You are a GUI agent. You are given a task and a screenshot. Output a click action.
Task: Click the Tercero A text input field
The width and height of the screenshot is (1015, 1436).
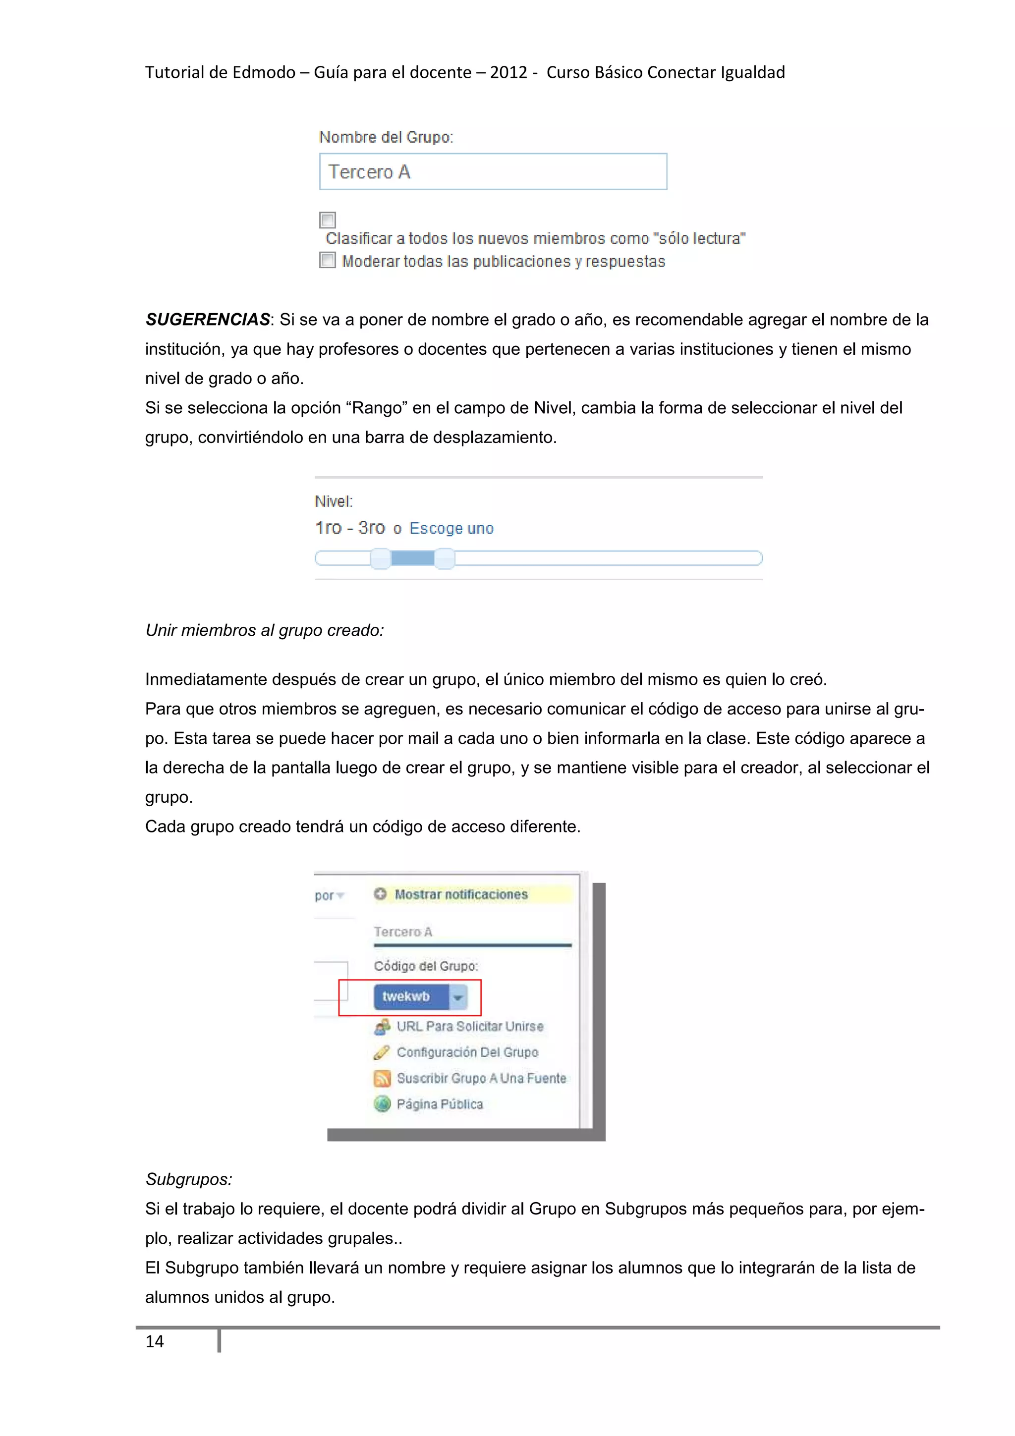tap(492, 171)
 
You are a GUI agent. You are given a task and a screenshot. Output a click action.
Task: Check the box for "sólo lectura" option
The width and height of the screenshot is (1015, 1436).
tap(327, 220)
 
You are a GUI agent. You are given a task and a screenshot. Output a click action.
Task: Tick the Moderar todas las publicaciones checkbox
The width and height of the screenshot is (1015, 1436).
tap(327, 260)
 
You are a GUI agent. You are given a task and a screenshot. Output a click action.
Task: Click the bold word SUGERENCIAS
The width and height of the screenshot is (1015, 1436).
tap(207, 320)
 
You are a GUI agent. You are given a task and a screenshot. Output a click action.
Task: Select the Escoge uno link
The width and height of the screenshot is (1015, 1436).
tap(451, 529)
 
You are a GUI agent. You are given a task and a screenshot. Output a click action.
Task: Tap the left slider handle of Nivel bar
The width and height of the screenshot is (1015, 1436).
tap(380, 558)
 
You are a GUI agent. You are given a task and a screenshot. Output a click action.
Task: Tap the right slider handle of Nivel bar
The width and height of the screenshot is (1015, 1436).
tap(444, 558)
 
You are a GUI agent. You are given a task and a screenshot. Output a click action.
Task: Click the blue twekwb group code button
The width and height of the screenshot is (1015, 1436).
tap(410, 996)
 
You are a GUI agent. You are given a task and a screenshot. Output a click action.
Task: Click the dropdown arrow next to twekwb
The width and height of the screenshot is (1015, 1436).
tap(458, 997)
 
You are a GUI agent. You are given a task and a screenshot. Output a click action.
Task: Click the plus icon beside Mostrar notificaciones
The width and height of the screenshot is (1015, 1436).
tap(380, 894)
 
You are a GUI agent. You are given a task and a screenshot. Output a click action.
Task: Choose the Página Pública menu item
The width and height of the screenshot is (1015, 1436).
tap(439, 1105)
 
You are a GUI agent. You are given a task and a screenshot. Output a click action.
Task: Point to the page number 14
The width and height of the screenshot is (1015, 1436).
tap(155, 1341)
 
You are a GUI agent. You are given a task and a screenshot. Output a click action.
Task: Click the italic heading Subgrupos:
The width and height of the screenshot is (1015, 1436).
tap(189, 1179)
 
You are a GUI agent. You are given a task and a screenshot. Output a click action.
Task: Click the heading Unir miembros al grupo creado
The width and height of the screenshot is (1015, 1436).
tap(264, 630)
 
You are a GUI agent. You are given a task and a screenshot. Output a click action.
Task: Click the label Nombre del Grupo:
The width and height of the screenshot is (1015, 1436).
tap(386, 137)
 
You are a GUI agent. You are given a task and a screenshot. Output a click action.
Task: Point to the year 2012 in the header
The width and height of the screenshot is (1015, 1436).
tap(508, 72)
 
